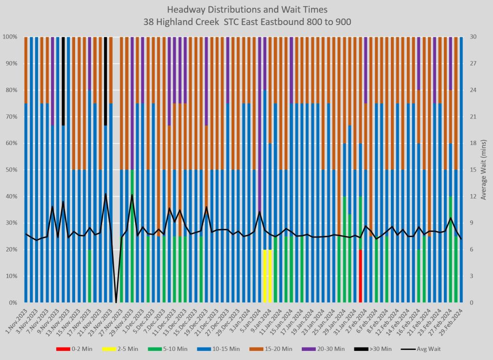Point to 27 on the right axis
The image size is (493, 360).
click(x=473, y=63)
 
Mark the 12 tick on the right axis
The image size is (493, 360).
click(x=473, y=196)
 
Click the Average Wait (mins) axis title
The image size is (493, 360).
click(x=484, y=170)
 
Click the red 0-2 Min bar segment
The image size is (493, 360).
click(x=361, y=276)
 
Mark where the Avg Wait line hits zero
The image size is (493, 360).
click(x=116, y=302)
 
